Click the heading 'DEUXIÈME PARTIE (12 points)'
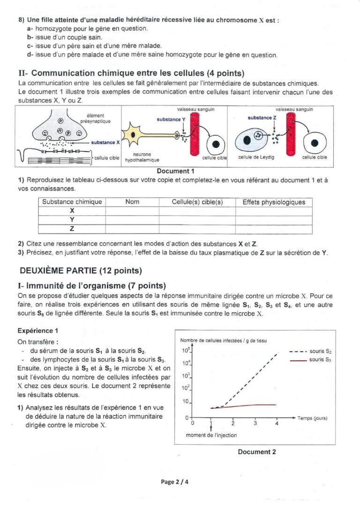[x=81, y=271]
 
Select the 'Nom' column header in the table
[x=132, y=202]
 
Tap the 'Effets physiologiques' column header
[x=274, y=202]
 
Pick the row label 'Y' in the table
[x=72, y=220]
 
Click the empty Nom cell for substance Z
[x=132, y=229]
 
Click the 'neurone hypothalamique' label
[x=142, y=157]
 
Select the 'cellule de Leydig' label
[x=256, y=157]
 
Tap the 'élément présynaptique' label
[x=95, y=118]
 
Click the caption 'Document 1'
[x=175, y=171]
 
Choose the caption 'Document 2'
[x=256, y=452]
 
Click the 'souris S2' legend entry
[x=320, y=351]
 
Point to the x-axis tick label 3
[x=255, y=423]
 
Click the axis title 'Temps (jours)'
[x=312, y=418]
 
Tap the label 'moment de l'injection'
[x=211, y=435]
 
